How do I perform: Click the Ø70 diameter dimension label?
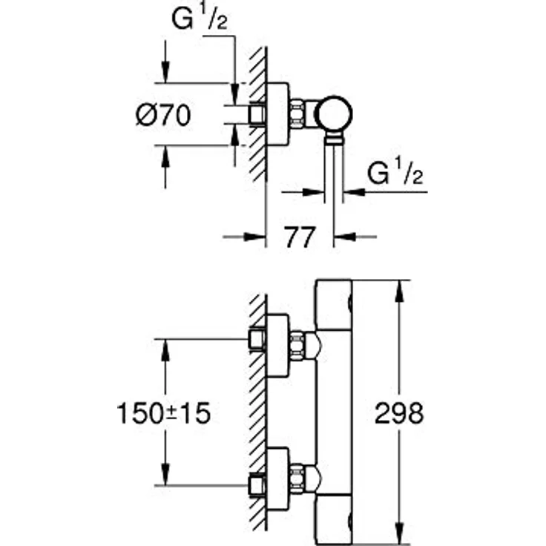163,115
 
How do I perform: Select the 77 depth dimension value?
300,237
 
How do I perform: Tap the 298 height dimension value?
399,413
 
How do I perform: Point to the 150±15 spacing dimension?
164,413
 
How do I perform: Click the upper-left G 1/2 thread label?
199,19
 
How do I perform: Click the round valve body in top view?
334,114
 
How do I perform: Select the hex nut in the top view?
297,114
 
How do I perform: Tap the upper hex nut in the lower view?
297,346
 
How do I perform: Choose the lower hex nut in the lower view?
297,478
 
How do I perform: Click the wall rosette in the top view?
277,114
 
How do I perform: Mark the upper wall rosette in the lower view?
277,346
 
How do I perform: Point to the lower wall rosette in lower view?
277,478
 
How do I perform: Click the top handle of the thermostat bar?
333,304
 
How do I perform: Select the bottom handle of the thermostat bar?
333,519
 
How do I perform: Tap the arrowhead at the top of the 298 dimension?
400,291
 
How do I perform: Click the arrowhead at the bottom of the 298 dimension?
400,535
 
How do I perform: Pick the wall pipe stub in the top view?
257,114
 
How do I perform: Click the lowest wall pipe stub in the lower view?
257,485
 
